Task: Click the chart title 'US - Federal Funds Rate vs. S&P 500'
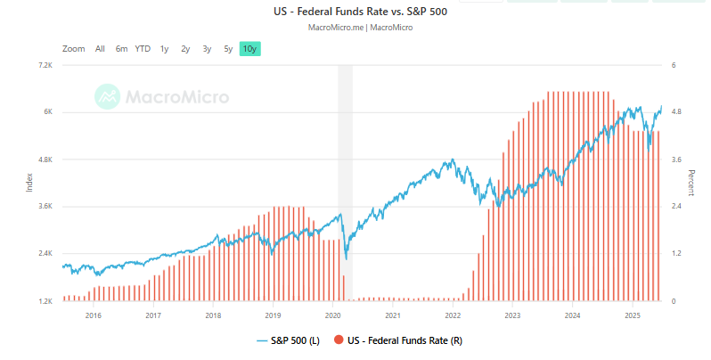tap(359, 12)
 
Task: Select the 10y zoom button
tap(250, 49)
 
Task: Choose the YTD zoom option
tap(143, 49)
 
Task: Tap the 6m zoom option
tap(121, 49)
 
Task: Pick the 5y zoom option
tap(228, 49)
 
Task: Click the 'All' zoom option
tap(100, 49)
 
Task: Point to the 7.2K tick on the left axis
tap(45, 66)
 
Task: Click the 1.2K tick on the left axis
tap(45, 301)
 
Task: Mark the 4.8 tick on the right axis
tap(676, 112)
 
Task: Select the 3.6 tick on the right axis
tap(676, 160)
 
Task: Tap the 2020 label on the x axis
tap(332, 315)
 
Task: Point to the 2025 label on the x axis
tap(633, 315)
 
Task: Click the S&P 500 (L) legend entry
tap(289, 340)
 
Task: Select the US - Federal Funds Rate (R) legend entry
tap(398, 340)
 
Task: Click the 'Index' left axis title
tap(29, 183)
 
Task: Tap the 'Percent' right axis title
tap(691, 183)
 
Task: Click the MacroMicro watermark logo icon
tap(109, 96)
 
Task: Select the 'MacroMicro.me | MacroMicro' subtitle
tap(359, 28)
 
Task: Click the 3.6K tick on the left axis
tap(45, 207)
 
